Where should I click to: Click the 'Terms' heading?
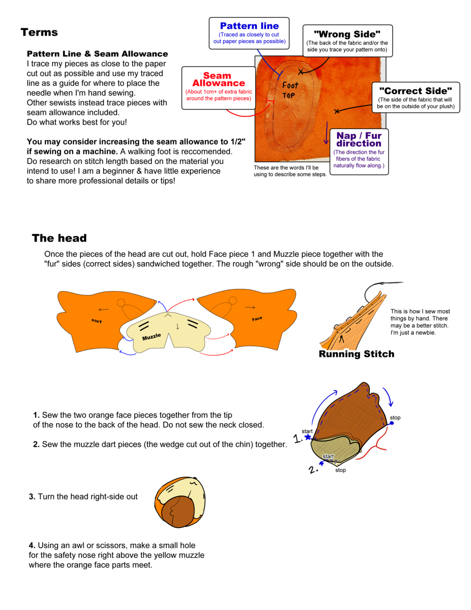[39, 32]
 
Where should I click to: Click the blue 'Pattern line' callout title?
[249, 26]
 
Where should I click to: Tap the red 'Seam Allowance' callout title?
[218, 79]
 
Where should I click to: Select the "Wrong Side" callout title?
[347, 34]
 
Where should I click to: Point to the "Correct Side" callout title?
[415, 91]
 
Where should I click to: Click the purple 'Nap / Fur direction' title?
[359, 140]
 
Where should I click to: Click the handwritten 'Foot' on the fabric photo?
[290, 85]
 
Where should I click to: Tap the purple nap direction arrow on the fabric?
[326, 133]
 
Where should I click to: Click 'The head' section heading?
[59, 238]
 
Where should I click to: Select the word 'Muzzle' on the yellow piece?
[151, 337]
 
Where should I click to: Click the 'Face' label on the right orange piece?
[257, 319]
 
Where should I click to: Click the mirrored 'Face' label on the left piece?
[97, 321]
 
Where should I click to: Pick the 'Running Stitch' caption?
[357, 354]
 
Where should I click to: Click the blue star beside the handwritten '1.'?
[308, 437]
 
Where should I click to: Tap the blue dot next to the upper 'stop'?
[392, 423]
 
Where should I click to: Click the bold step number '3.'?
[32, 497]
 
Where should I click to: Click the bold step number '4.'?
[32, 545]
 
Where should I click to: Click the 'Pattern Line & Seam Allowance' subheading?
[97, 54]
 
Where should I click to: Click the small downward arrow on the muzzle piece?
[178, 326]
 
